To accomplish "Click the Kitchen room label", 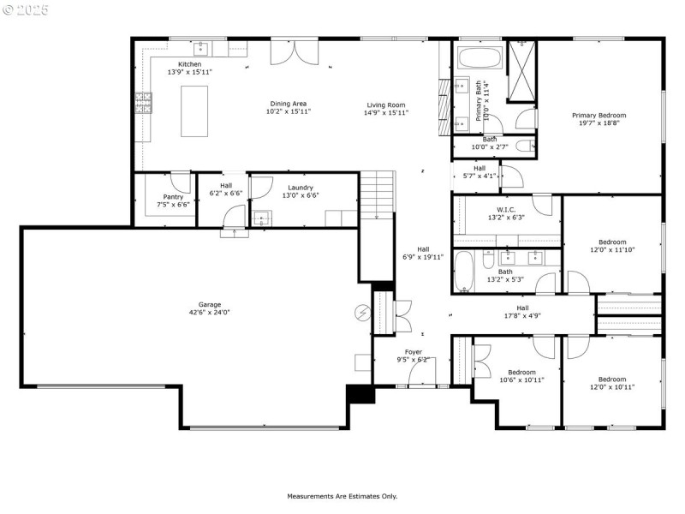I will click(189, 64).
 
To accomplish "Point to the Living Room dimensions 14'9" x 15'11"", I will click(386, 112).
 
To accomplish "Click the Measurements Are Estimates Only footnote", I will click(342, 496).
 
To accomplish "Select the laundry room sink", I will click(261, 218).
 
